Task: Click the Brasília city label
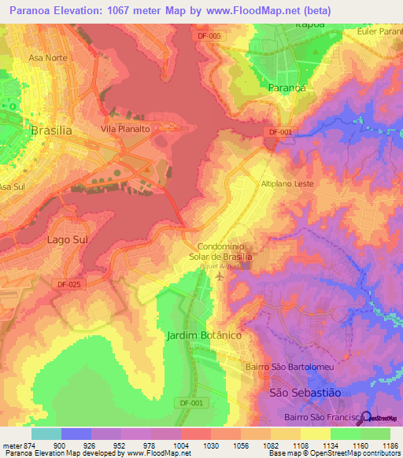click(x=51, y=131)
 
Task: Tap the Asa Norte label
click(x=47, y=58)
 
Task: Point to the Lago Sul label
click(x=68, y=239)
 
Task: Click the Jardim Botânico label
click(x=204, y=335)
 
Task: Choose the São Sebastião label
click(x=305, y=392)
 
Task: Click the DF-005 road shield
click(x=210, y=36)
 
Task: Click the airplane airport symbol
click(x=218, y=278)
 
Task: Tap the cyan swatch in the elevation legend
click(x=46, y=434)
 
